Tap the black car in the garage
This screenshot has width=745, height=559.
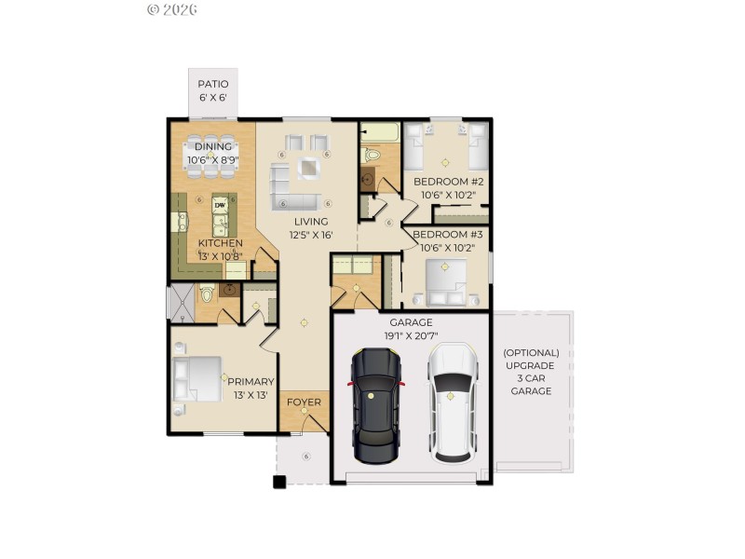point(376,405)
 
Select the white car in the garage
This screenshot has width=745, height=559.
point(452,402)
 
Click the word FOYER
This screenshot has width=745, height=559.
point(304,402)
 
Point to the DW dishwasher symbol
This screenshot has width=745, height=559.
point(221,205)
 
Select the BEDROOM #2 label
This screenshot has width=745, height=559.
point(449,182)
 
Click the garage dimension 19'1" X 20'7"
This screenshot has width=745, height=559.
point(411,336)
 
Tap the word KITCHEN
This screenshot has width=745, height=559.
point(220,243)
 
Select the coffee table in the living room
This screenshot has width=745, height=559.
point(307,169)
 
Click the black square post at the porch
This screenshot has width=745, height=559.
point(278,482)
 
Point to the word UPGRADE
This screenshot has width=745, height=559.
point(531,366)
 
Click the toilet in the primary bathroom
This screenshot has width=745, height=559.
point(207,295)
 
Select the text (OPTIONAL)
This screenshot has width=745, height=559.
point(531,353)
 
